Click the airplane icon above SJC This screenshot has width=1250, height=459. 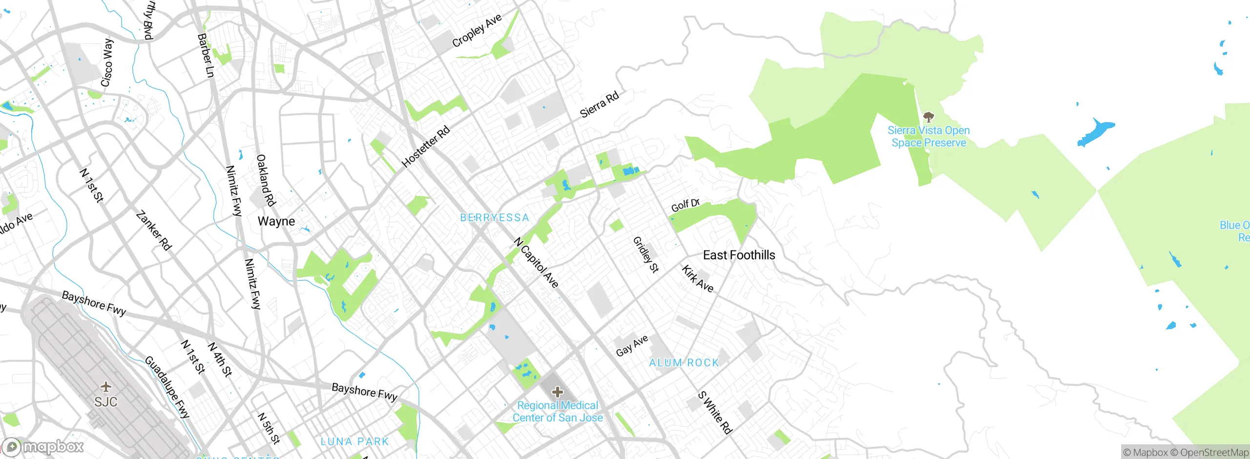pos(105,387)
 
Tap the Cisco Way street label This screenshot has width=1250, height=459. pos(107,63)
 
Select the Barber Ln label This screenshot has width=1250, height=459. pos(206,55)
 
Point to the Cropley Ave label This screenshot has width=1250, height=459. pos(477,31)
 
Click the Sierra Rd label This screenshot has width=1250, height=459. pos(599,104)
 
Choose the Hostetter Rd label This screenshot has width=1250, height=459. pos(425,146)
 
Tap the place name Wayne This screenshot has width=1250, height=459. pos(276,221)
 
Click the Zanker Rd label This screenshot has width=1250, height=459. pos(154,230)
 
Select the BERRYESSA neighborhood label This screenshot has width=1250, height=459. pos(495,218)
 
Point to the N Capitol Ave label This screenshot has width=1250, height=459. pos(536,263)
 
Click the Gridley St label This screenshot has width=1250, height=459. pos(646,254)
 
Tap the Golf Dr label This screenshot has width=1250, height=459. pos(686,205)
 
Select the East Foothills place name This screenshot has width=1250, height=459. pos(739,255)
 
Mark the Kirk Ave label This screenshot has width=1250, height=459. pos(697,279)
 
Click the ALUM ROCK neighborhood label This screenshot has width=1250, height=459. pos(684,363)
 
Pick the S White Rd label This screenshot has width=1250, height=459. pos(715,413)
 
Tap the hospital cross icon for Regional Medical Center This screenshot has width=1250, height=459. pos(557,392)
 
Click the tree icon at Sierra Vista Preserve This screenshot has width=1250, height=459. pos(928,117)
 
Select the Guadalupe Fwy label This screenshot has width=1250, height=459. pos(167,387)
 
